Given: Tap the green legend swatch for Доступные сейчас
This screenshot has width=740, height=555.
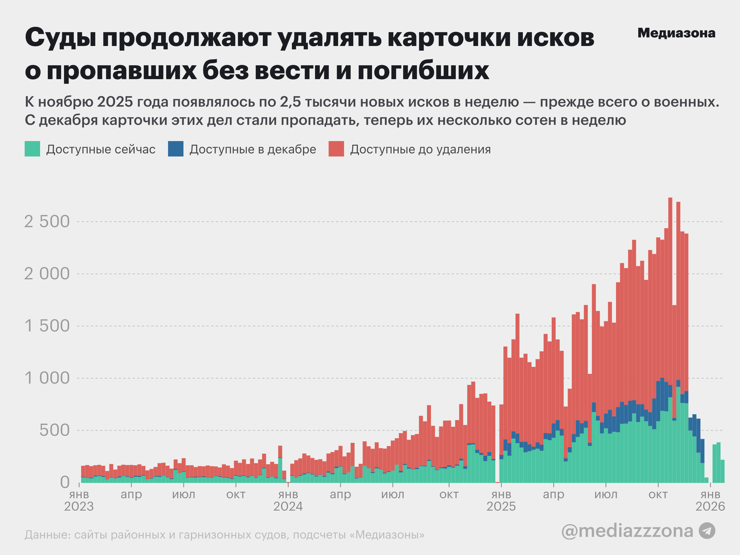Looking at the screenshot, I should coord(32,149).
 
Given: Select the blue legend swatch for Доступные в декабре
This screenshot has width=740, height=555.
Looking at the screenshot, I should coord(176,149).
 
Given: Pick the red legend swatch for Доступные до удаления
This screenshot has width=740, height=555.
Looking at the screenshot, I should coord(336,149).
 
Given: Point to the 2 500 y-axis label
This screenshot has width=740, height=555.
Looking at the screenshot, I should coord(47,221).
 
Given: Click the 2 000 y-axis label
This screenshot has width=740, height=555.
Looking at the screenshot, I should coord(47,274).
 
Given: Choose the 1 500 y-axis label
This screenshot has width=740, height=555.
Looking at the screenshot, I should coord(47,326).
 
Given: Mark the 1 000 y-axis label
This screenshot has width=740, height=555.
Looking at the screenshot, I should coord(47,378).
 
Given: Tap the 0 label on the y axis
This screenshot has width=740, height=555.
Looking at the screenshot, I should coord(64,482).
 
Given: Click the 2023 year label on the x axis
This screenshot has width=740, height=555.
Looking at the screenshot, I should coord(79,506).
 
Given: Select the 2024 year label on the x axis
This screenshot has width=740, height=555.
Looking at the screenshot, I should coord(288,506).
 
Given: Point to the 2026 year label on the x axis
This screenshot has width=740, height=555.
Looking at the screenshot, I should coord(710,506).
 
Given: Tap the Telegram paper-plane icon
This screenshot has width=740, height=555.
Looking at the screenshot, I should coord(707,531).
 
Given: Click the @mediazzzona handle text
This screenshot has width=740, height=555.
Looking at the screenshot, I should coord(627,531).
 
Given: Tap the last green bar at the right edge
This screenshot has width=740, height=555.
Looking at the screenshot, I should coord(723,472).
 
